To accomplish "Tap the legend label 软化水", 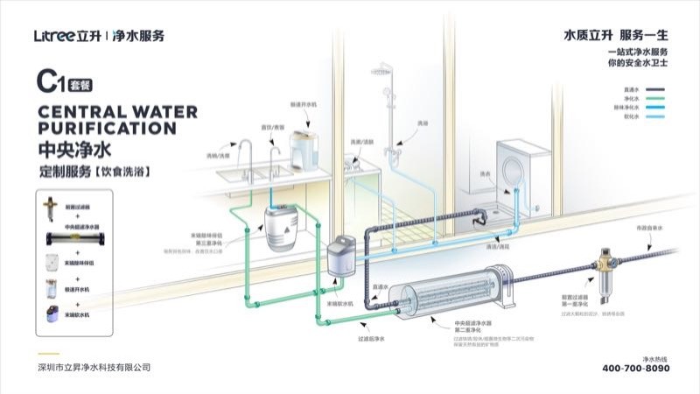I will pos(632,116).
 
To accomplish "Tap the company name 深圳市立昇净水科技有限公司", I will pos(89,367).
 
